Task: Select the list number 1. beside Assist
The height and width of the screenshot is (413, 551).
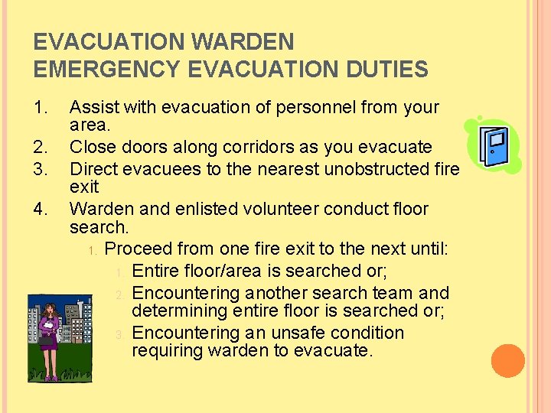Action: coord(43,108)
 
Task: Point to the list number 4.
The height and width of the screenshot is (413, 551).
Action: coord(43,209)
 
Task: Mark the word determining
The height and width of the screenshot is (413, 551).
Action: coord(179,311)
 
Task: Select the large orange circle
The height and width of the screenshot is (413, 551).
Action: coord(508,361)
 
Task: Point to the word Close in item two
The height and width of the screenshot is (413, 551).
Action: coord(92,147)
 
